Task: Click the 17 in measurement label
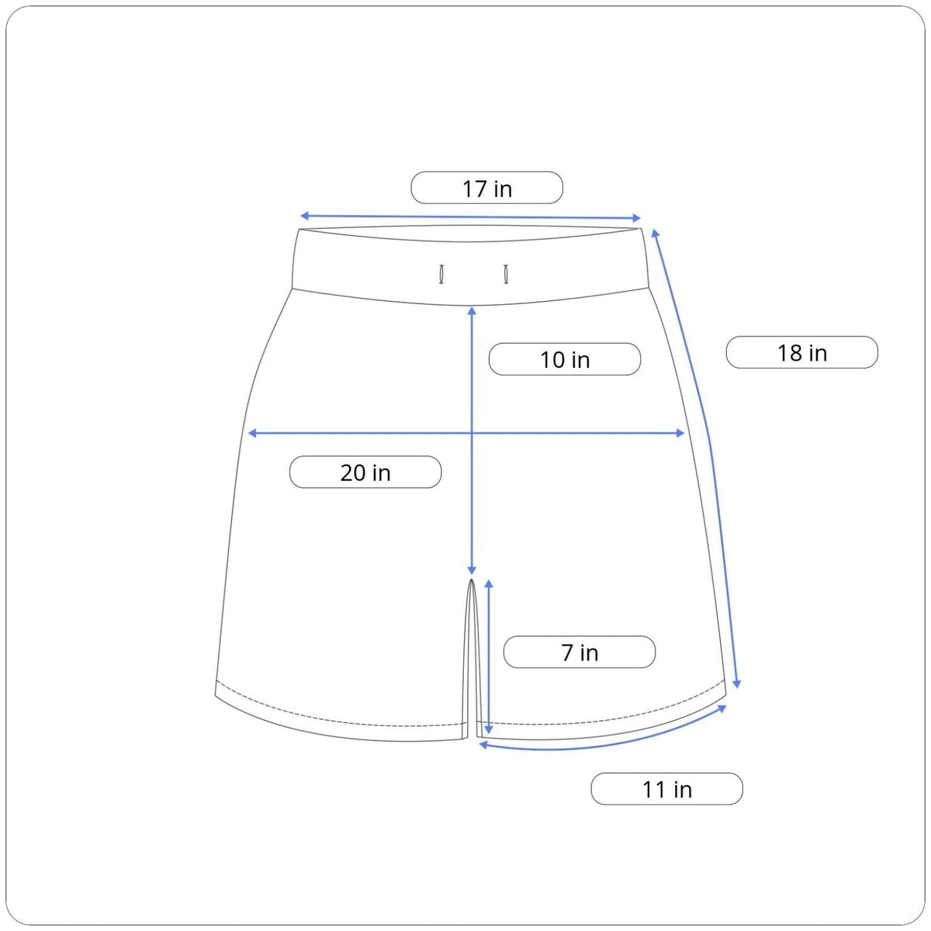tap(486, 188)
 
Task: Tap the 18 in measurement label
tap(801, 352)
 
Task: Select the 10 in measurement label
tap(564, 359)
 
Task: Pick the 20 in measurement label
tap(365, 472)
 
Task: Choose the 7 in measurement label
tap(580, 652)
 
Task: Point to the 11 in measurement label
tap(666, 788)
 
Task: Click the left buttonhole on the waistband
tap(441, 274)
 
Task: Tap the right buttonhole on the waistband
tap(506, 274)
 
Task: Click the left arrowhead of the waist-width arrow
tap(304, 216)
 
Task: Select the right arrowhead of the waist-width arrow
tap(636, 218)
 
